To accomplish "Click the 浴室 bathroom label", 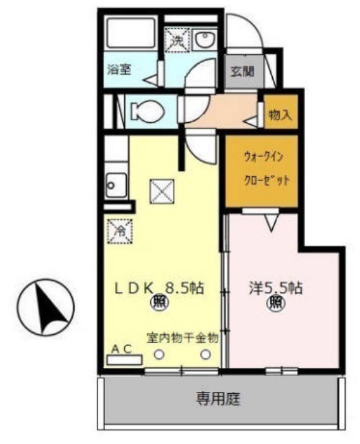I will (119, 69).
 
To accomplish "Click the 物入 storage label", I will (280, 114).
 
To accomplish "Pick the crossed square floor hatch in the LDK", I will (163, 191).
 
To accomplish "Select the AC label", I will (122, 349).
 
